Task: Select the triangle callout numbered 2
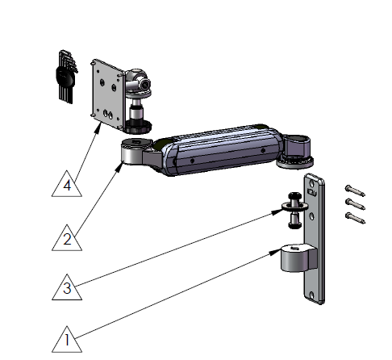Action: click(x=68, y=237)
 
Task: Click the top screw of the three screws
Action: click(x=355, y=190)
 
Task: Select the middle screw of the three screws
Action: click(x=356, y=203)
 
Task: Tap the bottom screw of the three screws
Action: click(x=356, y=216)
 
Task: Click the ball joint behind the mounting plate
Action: click(x=141, y=82)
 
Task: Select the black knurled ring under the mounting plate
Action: click(x=140, y=125)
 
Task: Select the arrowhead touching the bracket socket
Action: click(x=278, y=253)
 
